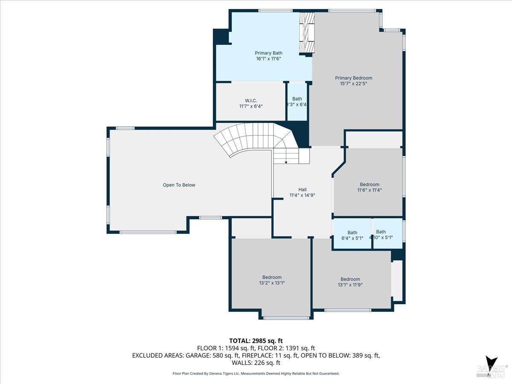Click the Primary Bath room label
(x=268, y=53)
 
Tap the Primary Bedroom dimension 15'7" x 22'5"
(x=353, y=84)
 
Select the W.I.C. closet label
(x=251, y=100)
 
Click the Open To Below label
(x=179, y=185)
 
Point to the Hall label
(x=302, y=189)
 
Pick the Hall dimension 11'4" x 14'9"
(x=302, y=195)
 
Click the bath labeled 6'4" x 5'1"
(x=352, y=236)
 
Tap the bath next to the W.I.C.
(x=297, y=102)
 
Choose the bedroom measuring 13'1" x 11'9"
(x=350, y=282)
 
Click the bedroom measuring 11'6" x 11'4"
(x=369, y=187)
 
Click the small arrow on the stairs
(x=285, y=162)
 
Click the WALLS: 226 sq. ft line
(x=256, y=363)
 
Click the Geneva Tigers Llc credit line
(x=256, y=374)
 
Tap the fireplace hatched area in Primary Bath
(x=306, y=33)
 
